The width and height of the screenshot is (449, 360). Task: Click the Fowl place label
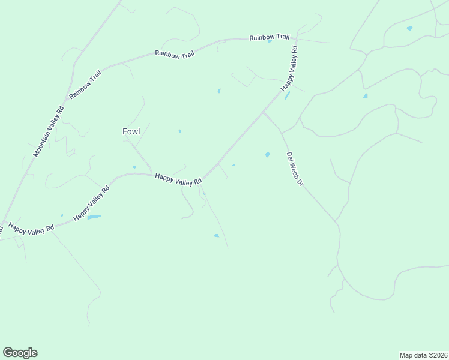(x=131, y=131)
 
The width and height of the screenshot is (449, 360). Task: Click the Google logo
(x=20, y=353)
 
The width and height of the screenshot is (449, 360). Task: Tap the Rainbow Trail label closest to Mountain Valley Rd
(x=85, y=85)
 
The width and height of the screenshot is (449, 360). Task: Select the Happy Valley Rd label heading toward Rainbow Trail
(x=289, y=67)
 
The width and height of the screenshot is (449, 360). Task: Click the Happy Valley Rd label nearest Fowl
(x=178, y=179)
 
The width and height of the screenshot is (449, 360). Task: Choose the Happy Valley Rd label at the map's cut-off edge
(x=30, y=228)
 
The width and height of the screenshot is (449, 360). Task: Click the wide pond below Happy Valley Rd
(x=94, y=217)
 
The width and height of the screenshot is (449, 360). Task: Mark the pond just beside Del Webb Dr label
(x=267, y=155)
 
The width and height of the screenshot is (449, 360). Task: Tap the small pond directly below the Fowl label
(x=134, y=167)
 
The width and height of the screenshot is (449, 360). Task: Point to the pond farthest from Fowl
(x=409, y=28)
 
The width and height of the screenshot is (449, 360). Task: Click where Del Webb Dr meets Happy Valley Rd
(x=264, y=112)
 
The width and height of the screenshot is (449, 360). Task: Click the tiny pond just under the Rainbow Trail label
(x=270, y=42)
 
